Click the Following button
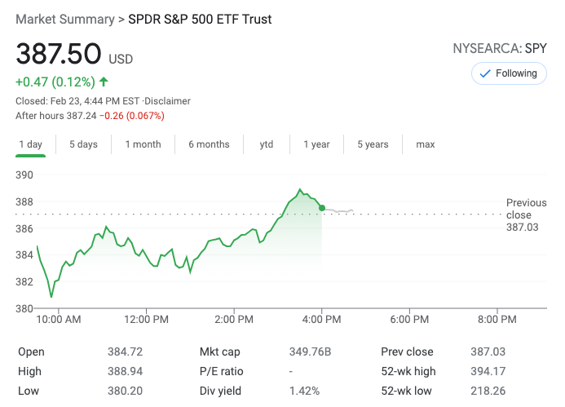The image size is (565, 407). pyautogui.click(x=508, y=73)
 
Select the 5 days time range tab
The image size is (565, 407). pyautogui.click(x=83, y=144)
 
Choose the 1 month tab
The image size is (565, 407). pyautogui.click(x=143, y=144)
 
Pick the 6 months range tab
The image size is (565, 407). pyautogui.click(x=209, y=144)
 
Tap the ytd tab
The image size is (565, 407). pyautogui.click(x=267, y=144)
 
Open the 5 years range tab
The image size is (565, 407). pyautogui.click(x=373, y=144)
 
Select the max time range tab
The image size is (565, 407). pyautogui.click(x=426, y=144)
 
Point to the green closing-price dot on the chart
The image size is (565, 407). pyautogui.click(x=322, y=209)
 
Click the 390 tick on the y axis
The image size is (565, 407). pyautogui.click(x=24, y=175)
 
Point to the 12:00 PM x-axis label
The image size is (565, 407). pyautogui.click(x=147, y=320)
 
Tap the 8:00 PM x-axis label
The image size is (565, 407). pyautogui.click(x=497, y=320)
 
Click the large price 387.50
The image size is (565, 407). pyautogui.click(x=59, y=55)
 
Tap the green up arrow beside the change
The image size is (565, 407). pyautogui.click(x=104, y=82)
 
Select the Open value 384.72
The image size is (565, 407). pyautogui.click(x=125, y=352)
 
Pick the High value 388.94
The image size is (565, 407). pyautogui.click(x=125, y=372)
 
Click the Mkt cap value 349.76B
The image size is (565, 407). pyautogui.click(x=311, y=352)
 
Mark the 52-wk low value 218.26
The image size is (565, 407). pyautogui.click(x=488, y=392)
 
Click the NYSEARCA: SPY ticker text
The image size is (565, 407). pyautogui.click(x=499, y=49)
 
